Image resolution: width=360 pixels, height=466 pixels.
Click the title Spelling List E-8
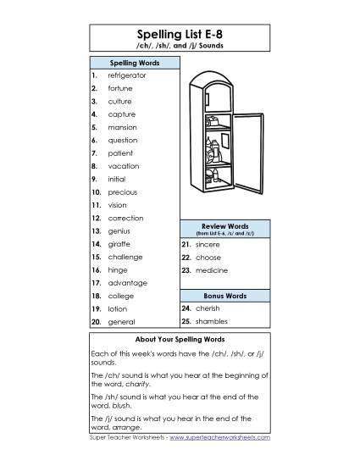(180, 33)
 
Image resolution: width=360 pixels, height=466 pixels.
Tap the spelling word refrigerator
(127, 75)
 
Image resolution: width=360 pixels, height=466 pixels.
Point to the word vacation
(123, 166)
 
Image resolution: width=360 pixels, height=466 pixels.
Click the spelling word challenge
(125, 257)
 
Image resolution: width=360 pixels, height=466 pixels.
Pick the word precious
(122, 192)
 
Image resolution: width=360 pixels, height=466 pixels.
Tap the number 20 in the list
(97, 322)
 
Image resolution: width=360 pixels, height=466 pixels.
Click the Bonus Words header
(224, 296)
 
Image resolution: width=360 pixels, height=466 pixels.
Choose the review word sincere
(208, 244)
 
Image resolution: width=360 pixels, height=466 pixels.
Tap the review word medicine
(211, 270)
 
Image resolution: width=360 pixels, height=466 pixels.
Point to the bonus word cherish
(208, 309)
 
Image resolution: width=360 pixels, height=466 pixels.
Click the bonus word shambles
(211, 322)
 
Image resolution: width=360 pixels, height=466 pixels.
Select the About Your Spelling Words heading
(180, 339)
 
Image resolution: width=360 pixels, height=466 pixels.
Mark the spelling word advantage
(127, 283)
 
